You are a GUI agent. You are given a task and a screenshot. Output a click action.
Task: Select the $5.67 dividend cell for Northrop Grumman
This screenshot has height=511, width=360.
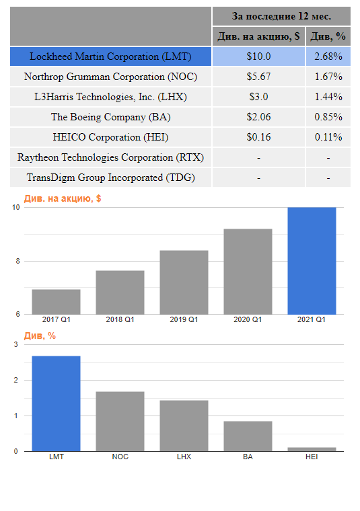tap(258, 77)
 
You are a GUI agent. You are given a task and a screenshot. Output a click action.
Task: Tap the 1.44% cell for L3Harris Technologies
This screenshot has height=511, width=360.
tap(328, 97)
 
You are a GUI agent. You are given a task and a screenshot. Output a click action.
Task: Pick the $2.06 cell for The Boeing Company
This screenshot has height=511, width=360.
tap(258, 117)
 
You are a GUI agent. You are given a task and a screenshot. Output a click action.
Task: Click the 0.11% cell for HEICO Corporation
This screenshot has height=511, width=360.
tap(328, 137)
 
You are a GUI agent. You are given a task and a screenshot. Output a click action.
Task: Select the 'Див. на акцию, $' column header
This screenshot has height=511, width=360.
tap(258, 36)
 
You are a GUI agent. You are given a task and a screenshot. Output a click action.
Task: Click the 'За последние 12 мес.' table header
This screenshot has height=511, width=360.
tap(281, 16)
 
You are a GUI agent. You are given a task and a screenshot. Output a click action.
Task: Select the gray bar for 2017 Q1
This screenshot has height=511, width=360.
tap(56, 302)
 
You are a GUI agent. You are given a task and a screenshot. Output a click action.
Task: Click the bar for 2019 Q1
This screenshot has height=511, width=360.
tap(184, 282)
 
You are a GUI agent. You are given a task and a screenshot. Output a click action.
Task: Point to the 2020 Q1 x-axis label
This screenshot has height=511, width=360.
tap(248, 319)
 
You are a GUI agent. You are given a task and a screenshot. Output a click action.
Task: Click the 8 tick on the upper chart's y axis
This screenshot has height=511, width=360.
tap(16, 261)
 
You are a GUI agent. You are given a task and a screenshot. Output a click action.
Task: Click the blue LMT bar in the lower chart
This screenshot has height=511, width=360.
tap(56, 403)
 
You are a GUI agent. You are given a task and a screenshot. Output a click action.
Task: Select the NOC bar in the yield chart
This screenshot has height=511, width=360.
tap(120, 422)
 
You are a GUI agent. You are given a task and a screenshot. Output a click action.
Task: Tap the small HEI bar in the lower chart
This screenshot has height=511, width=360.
tap(312, 449)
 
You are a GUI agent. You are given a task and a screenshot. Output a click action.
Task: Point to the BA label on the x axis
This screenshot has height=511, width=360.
tap(248, 457)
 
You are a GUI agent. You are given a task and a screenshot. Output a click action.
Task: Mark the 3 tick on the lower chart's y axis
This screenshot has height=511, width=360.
tap(16, 345)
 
